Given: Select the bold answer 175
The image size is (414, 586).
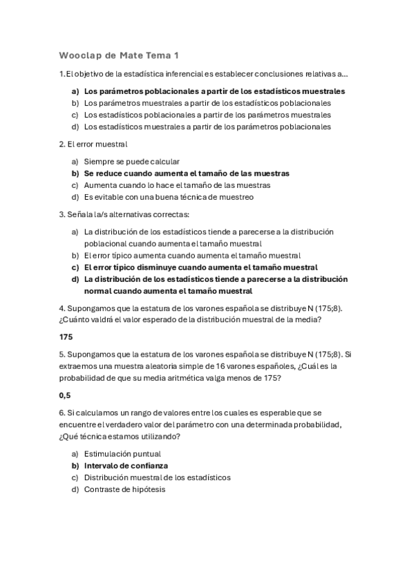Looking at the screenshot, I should click(66, 337).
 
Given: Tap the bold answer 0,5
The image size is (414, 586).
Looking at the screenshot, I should click(65, 395).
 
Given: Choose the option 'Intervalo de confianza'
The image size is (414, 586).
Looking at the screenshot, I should click(126, 466).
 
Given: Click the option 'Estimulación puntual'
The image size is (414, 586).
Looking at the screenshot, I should click(122, 454).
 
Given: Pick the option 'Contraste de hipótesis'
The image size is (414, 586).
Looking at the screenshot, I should click(124, 489).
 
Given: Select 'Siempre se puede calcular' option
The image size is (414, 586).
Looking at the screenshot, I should click(131, 161).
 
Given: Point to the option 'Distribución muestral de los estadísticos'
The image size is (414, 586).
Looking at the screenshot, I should click(157, 478).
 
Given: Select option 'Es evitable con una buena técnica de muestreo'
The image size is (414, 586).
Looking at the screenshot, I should click(169, 197).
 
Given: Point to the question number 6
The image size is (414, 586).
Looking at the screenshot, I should click(62, 413).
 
